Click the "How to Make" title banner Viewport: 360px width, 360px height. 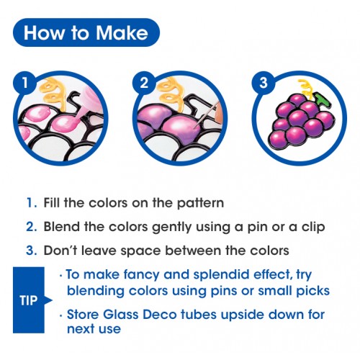click(86, 32)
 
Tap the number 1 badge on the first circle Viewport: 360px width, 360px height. click(25, 84)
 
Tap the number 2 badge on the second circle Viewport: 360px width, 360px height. click(144, 84)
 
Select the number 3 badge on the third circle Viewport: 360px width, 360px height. click(264, 84)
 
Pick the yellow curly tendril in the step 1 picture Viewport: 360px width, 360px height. click(53, 94)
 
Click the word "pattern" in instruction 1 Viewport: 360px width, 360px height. click(200, 203)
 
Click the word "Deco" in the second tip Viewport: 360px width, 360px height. click(160, 315)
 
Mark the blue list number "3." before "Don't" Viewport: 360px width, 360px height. click(32, 251)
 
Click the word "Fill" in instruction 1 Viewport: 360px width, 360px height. click(52, 202)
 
